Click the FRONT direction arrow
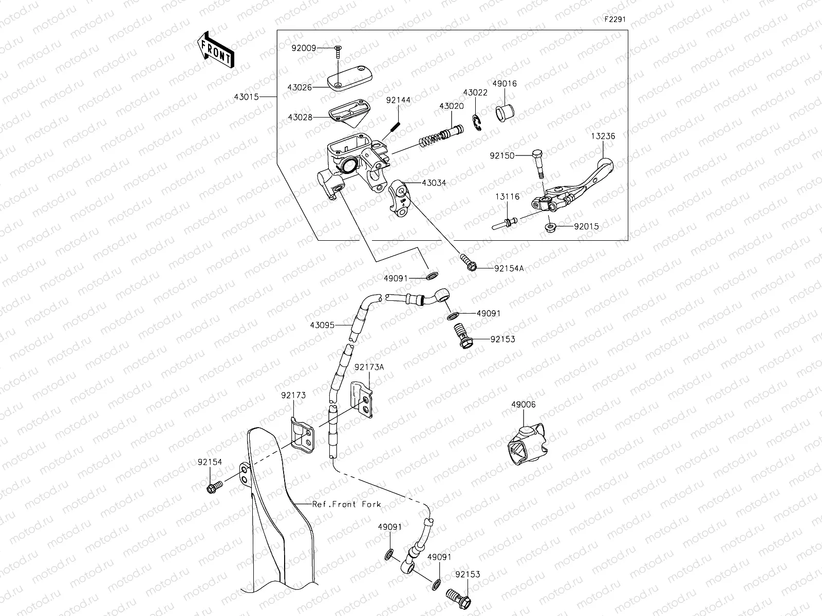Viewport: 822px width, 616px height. (215, 50)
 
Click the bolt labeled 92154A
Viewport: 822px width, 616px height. (468, 262)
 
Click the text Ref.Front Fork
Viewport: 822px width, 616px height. (347, 504)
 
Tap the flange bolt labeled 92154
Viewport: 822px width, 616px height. (214, 486)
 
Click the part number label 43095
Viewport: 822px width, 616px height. (322, 325)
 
